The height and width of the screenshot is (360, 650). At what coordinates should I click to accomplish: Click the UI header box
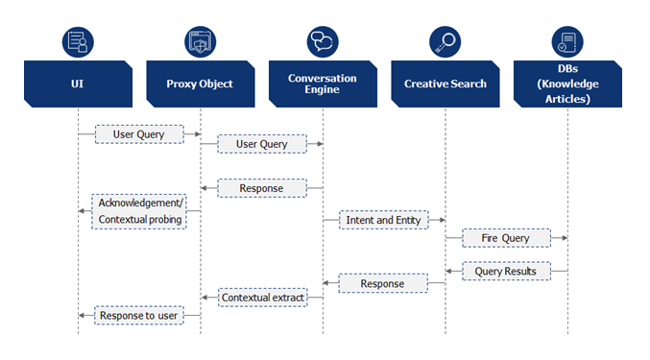tap(77, 84)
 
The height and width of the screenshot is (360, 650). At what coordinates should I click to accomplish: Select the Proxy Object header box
tap(200, 84)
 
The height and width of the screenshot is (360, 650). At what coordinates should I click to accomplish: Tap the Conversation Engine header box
tap(323, 84)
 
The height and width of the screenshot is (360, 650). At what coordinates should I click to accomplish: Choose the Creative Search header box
tap(445, 84)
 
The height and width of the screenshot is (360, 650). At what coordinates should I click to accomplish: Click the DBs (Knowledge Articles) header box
tap(566, 84)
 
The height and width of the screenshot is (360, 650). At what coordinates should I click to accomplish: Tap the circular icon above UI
tap(78, 41)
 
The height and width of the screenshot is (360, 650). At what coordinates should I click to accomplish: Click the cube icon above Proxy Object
tap(201, 41)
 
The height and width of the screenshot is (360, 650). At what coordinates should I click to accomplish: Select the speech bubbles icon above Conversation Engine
tap(323, 41)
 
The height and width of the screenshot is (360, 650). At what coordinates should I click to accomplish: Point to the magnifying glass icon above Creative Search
tap(445, 41)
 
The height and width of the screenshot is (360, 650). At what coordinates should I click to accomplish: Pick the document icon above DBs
tap(566, 41)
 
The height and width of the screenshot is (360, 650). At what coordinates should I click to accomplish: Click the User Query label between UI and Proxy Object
tap(138, 134)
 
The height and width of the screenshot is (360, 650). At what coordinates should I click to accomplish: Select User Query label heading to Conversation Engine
tap(261, 144)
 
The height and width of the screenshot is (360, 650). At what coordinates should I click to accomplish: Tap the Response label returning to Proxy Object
tap(261, 188)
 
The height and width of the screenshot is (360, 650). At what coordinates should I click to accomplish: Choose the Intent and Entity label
tap(384, 220)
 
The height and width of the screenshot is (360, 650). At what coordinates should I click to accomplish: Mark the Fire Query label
tap(506, 237)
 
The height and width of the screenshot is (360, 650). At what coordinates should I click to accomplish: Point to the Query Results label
tap(506, 272)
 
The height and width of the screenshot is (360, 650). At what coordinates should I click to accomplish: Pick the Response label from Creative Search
tap(384, 283)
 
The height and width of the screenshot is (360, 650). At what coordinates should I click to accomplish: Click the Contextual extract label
tap(262, 298)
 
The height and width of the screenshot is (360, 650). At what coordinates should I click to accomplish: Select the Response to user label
tap(138, 315)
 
